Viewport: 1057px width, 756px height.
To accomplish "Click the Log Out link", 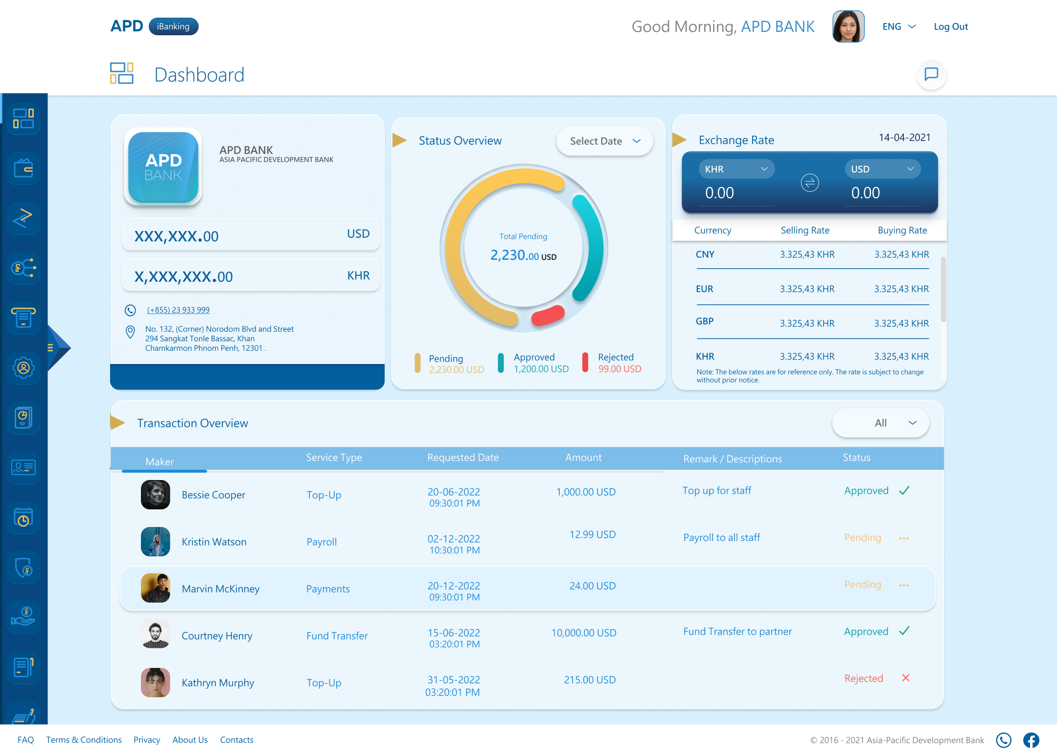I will [x=950, y=27].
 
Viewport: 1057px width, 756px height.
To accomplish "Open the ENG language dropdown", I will [x=899, y=27].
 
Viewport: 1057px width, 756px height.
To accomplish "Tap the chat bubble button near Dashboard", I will [x=931, y=74].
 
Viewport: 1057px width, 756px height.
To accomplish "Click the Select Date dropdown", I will [x=604, y=141].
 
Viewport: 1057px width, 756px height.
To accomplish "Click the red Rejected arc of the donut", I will [x=549, y=316].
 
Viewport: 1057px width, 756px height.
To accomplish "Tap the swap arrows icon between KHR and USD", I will [x=809, y=183].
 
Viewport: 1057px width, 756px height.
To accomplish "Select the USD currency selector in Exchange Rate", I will [x=882, y=169].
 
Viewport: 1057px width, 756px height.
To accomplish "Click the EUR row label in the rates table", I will [x=704, y=289].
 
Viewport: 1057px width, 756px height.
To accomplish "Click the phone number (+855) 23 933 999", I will [x=178, y=310].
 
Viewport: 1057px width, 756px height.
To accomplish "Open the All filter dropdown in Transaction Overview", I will [x=880, y=423].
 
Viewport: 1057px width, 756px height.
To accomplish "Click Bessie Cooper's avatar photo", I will [x=156, y=495].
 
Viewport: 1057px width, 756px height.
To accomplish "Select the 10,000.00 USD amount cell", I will [x=584, y=633].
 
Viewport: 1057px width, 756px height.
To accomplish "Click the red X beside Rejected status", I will [x=905, y=678].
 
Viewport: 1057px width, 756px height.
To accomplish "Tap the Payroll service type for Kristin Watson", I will [x=322, y=542].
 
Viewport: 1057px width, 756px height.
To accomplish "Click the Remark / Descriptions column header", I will [x=732, y=459].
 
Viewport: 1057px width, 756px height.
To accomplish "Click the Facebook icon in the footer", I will [x=1031, y=740].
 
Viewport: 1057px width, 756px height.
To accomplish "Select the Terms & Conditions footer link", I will [x=84, y=740].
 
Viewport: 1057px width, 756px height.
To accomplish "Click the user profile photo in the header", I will [x=848, y=27].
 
